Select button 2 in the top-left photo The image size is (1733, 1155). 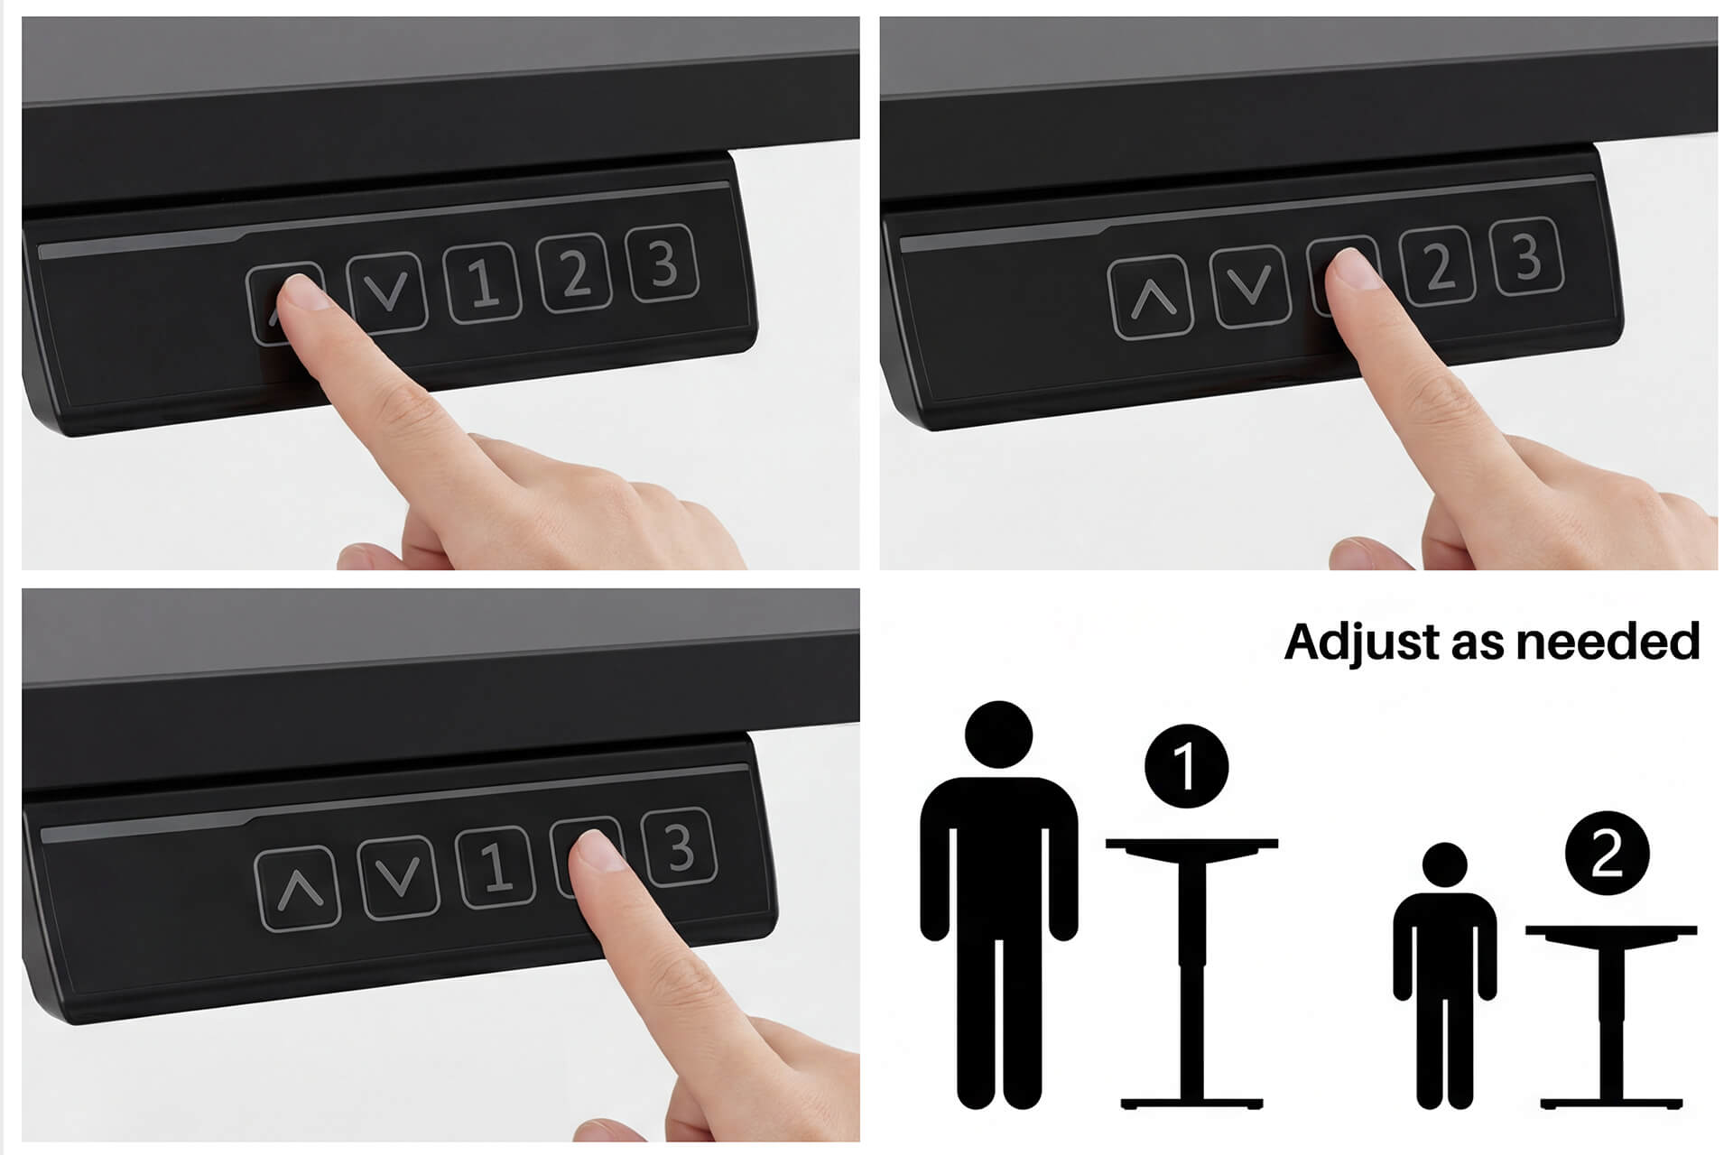pyautogui.click(x=573, y=272)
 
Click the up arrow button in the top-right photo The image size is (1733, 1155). pyautogui.click(x=1151, y=298)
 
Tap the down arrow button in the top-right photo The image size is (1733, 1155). pyautogui.click(x=1249, y=285)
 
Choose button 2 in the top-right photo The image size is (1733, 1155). pyautogui.click(x=1437, y=265)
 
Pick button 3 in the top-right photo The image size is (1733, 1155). pyautogui.click(x=1526, y=256)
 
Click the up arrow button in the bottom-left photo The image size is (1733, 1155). pyautogui.click(x=299, y=888)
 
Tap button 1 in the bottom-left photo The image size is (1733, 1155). pyautogui.click(x=494, y=867)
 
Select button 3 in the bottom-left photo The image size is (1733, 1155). pyautogui.click(x=679, y=846)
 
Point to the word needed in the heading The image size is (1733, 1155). pyautogui.click(x=1608, y=642)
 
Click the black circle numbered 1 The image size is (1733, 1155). pyautogui.click(x=1186, y=766)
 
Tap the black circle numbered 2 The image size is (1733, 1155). pyautogui.click(x=1608, y=853)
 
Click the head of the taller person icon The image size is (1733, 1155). pyautogui.click(x=998, y=735)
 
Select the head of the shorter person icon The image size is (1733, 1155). pyautogui.click(x=1445, y=865)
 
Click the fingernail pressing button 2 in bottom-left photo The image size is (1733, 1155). pyautogui.click(x=598, y=850)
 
